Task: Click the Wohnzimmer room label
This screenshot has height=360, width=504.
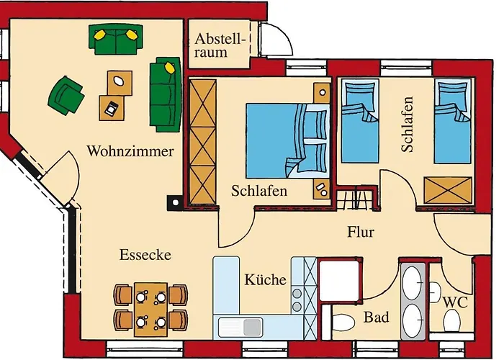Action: (x=130, y=151)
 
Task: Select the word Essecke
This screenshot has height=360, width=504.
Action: (x=145, y=255)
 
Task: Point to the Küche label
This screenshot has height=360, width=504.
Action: (x=265, y=279)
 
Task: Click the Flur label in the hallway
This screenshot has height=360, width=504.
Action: (x=361, y=232)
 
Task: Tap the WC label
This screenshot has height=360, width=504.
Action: (x=455, y=302)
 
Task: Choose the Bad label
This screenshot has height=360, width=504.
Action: (x=377, y=317)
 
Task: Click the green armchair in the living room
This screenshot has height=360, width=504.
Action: (x=66, y=96)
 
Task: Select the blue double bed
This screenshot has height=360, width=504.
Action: (x=288, y=141)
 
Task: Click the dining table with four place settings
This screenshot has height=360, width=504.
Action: (x=150, y=309)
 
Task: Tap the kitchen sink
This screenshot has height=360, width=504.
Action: (x=240, y=327)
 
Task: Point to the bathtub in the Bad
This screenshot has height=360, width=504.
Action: (x=413, y=301)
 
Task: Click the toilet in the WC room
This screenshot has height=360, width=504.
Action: (x=451, y=322)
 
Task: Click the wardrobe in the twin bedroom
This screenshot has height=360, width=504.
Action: (x=449, y=190)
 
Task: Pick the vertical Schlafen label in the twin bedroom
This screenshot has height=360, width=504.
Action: (x=407, y=125)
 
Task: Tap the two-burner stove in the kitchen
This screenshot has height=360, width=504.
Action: (x=297, y=300)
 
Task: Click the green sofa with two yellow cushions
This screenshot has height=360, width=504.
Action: (x=116, y=39)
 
